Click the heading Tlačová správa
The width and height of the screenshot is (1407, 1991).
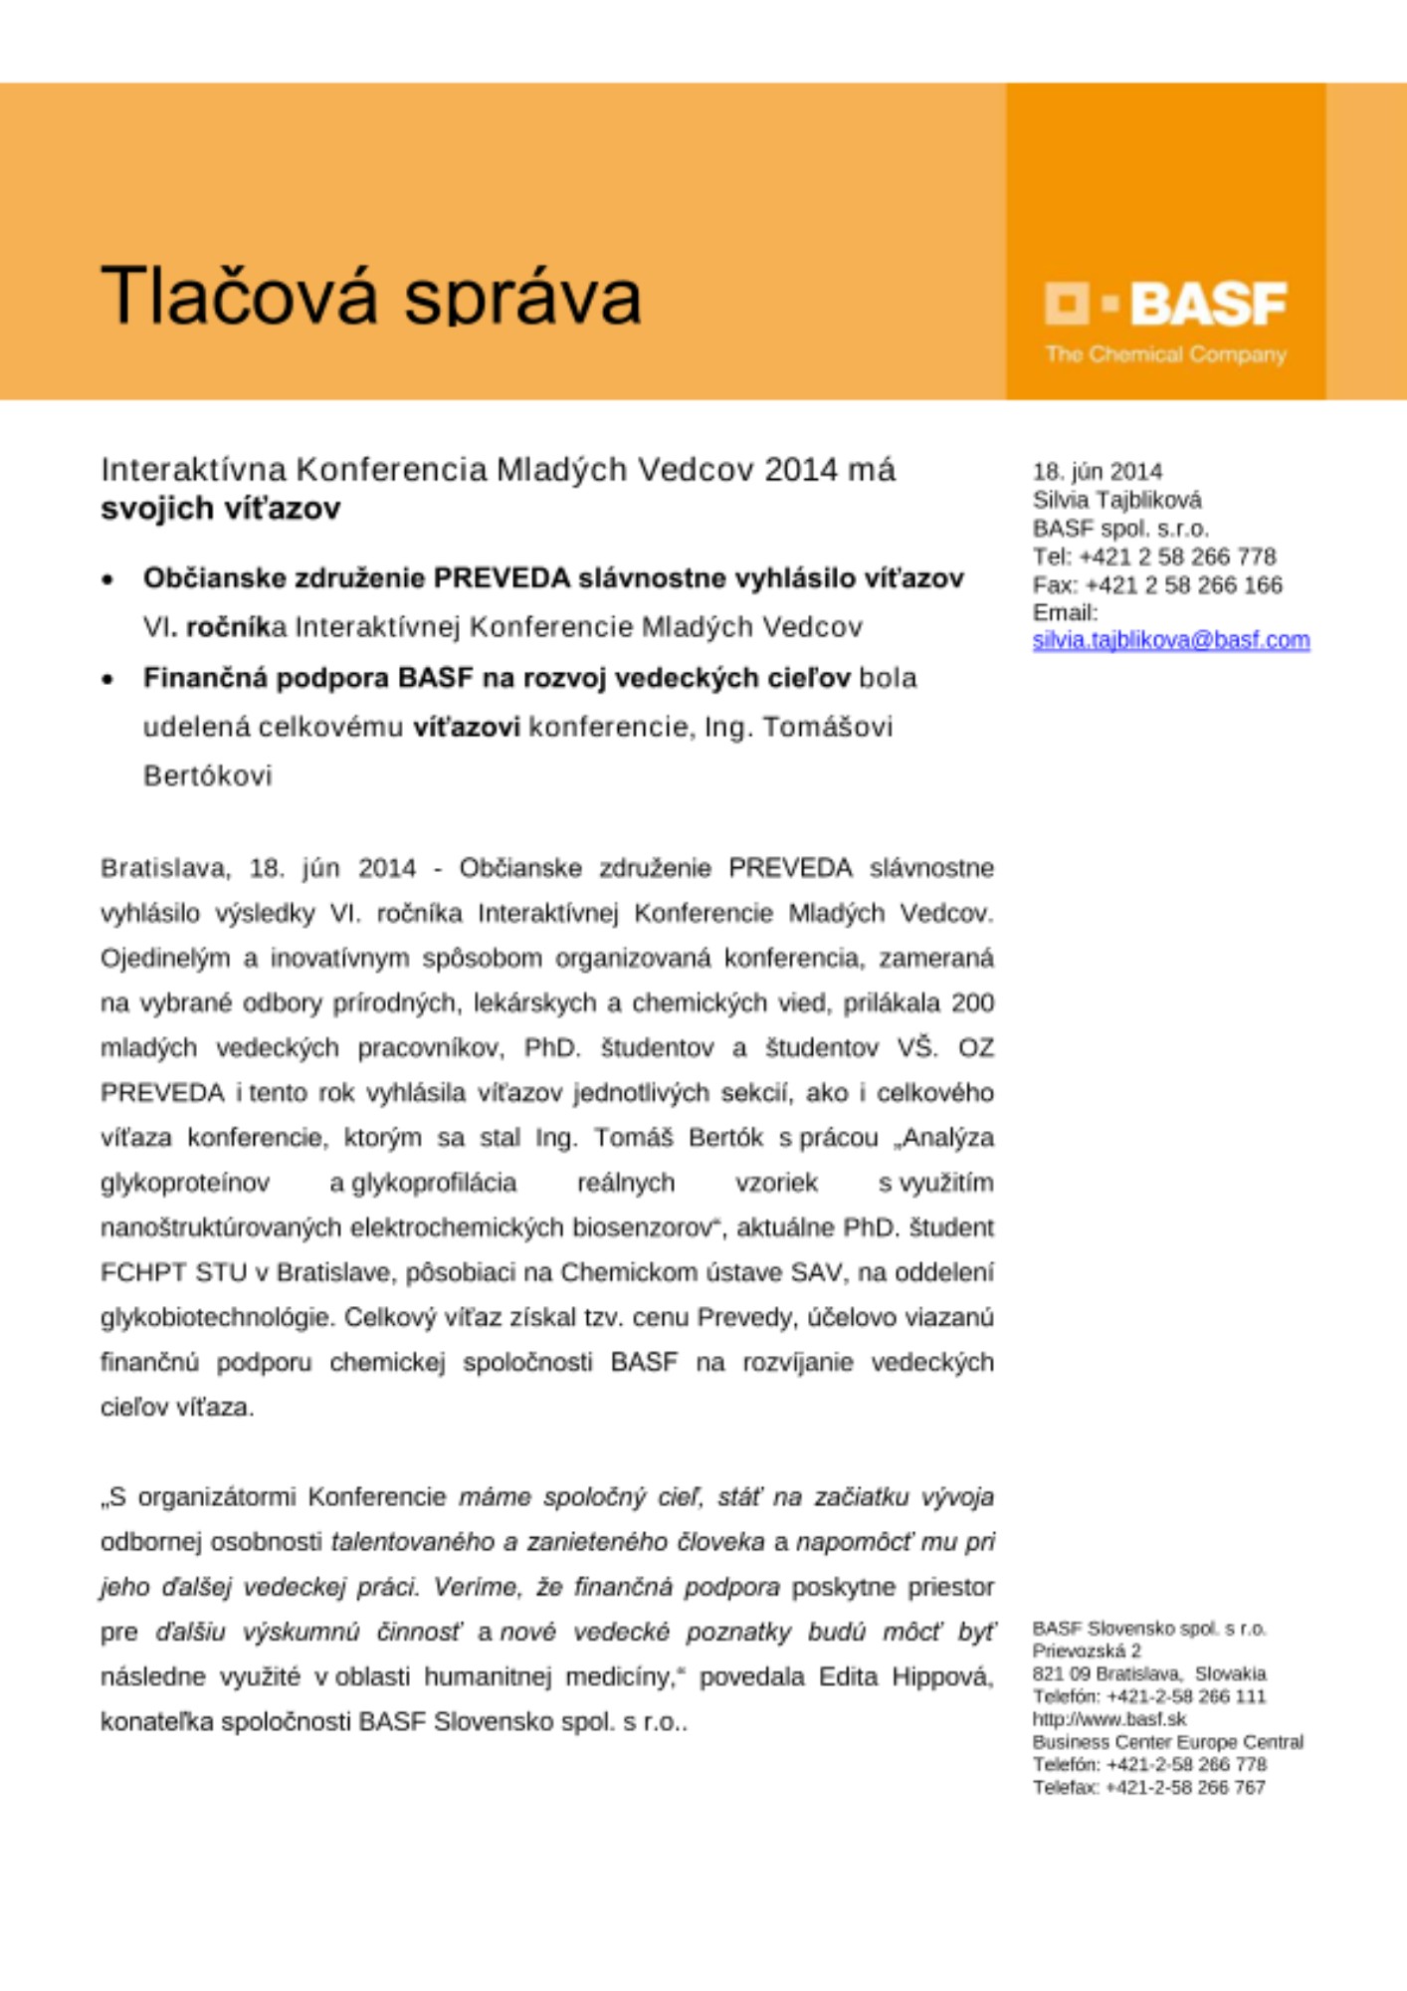click(x=370, y=296)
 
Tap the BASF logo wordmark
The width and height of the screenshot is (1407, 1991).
click(x=1208, y=304)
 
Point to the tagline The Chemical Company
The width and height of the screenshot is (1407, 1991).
click(x=1165, y=354)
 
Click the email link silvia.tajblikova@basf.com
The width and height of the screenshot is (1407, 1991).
click(x=1170, y=640)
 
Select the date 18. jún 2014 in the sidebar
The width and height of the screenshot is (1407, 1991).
click(x=1097, y=471)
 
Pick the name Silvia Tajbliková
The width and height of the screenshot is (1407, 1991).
click(x=1116, y=500)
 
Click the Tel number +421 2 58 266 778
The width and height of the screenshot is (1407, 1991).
click(x=1177, y=556)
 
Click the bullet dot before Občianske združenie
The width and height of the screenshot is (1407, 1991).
click(x=107, y=580)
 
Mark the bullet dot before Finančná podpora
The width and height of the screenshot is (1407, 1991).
click(x=107, y=680)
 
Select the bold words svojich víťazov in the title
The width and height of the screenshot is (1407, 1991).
click(x=220, y=509)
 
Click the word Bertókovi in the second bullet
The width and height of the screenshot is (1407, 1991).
click(x=207, y=775)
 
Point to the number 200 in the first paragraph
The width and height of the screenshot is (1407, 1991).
click(x=972, y=1002)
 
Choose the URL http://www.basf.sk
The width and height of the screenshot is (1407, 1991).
click(x=1108, y=1719)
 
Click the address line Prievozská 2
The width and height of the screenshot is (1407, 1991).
click(x=1086, y=1651)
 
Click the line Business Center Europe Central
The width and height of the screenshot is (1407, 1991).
click(x=1167, y=1742)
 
